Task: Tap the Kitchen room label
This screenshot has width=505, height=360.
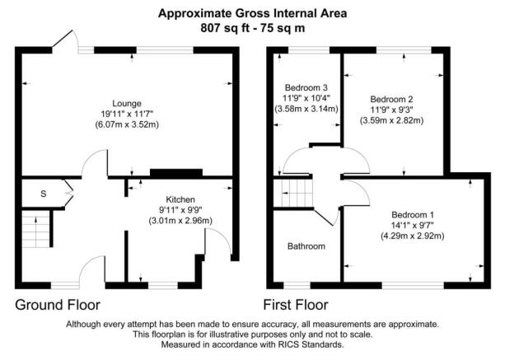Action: click(180, 199)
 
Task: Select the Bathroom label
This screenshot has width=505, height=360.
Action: click(306, 245)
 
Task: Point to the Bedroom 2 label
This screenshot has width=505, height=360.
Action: click(392, 98)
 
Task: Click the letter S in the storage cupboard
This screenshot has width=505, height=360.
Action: click(43, 193)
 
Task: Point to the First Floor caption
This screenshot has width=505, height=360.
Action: click(295, 305)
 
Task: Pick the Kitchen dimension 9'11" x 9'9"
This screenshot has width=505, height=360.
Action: click(180, 210)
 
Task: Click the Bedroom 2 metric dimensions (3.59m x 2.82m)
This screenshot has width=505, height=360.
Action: click(392, 120)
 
